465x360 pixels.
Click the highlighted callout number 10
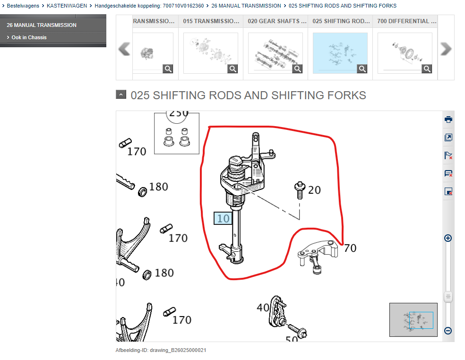(223, 218)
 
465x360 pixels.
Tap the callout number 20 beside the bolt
(314, 190)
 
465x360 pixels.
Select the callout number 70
(350, 248)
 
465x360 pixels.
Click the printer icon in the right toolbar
(448, 120)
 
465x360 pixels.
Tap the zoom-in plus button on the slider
(448, 238)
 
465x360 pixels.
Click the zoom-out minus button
(448, 331)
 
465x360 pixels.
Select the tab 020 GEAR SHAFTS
(275, 21)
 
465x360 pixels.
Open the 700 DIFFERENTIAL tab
(405, 21)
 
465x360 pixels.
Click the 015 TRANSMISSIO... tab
(211, 21)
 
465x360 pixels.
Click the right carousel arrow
(446, 49)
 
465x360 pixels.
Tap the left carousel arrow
(124, 49)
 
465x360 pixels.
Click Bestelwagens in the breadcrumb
(23, 6)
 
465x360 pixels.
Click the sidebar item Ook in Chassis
(29, 37)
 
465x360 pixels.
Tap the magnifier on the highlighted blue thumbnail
(362, 69)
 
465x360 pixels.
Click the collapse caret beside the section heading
(121, 94)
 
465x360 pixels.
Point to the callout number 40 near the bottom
(262, 308)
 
